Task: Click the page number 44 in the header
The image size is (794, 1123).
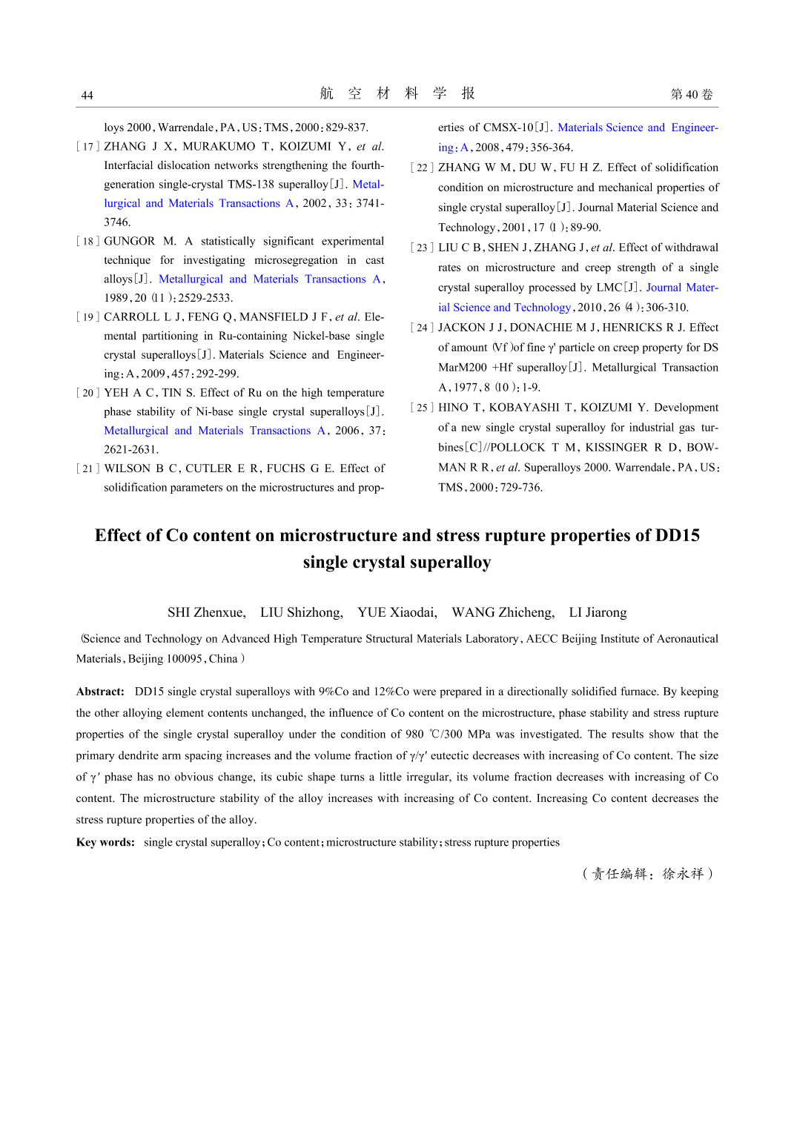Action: [x=87, y=95]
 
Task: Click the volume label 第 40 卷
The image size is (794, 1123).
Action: [x=691, y=94]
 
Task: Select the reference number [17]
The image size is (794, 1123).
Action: [x=87, y=147]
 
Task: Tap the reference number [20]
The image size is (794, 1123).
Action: [x=87, y=393]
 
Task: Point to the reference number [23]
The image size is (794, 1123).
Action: [x=422, y=248]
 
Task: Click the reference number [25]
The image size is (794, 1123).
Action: [x=422, y=408]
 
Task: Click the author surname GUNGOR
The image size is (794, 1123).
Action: [x=130, y=242]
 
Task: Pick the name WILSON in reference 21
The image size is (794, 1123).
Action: [x=127, y=468]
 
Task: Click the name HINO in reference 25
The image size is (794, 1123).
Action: [x=453, y=408]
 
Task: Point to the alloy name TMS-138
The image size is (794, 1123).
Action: [x=253, y=185]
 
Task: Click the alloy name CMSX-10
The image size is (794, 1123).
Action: [x=508, y=127]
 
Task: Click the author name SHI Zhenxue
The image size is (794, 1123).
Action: [x=205, y=612]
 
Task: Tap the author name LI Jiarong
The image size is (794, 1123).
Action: [x=598, y=612]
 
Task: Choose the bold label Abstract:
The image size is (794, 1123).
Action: [x=100, y=692]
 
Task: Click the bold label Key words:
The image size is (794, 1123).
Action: [x=105, y=843]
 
